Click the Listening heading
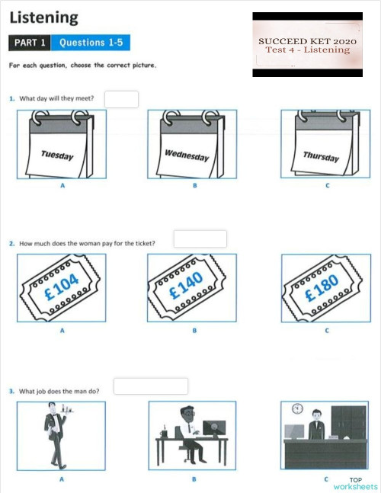click(x=43, y=16)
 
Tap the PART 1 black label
click(x=30, y=43)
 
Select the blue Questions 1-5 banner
click(x=91, y=43)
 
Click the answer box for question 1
click(x=121, y=99)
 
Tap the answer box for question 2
click(x=200, y=238)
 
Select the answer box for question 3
click(x=150, y=386)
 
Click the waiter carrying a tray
click(x=56, y=434)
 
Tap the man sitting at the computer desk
click(x=191, y=434)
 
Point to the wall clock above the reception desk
click(x=297, y=408)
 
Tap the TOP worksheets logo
click(x=354, y=483)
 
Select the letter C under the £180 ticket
click(x=326, y=331)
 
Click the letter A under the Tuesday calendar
click(x=61, y=185)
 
